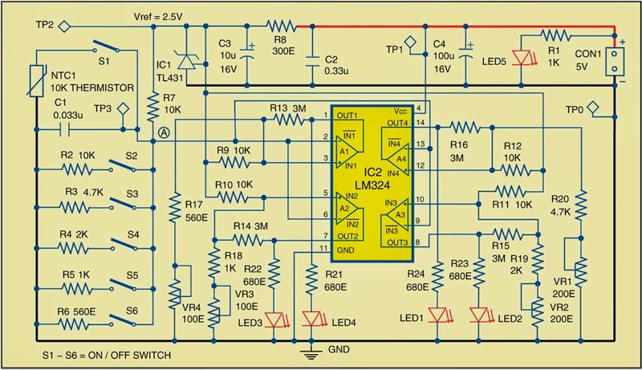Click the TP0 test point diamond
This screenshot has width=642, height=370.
[x=592, y=107]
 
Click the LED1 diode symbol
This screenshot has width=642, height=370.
[x=439, y=313]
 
